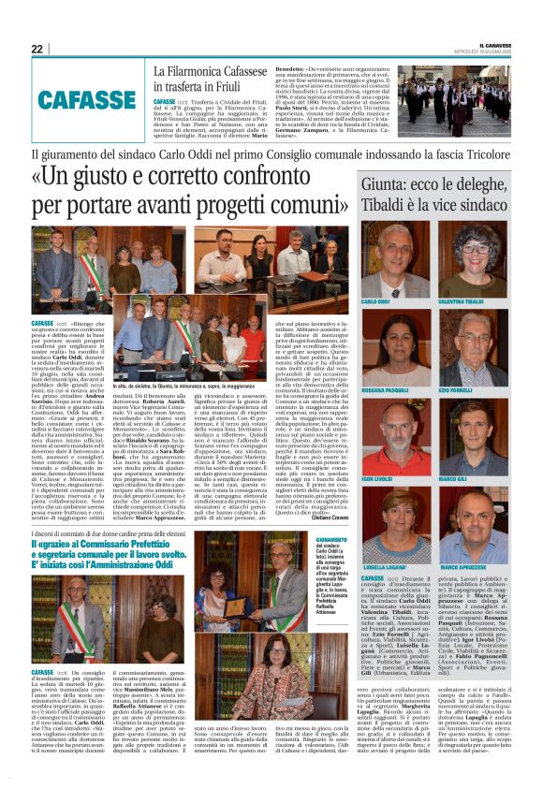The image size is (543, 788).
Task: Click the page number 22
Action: (x=37, y=49)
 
